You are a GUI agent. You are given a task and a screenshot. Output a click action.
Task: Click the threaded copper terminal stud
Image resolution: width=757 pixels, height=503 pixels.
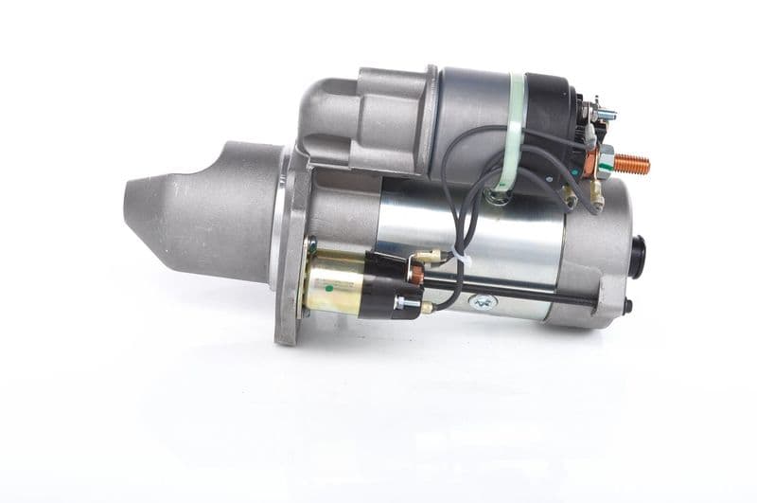point(631,165)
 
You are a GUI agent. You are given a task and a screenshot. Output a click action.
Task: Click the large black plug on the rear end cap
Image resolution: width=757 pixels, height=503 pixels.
point(639,256)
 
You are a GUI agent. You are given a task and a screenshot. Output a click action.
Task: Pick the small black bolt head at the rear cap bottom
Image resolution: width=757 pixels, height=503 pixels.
point(627,306)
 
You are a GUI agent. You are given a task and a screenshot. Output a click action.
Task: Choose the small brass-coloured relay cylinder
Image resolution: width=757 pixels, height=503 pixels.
point(336,283)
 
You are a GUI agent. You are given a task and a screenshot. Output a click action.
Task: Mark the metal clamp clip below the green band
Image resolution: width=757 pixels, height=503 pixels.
point(498,197)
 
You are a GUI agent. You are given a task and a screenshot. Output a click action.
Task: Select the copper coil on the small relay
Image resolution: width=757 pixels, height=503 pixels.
point(416,275)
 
